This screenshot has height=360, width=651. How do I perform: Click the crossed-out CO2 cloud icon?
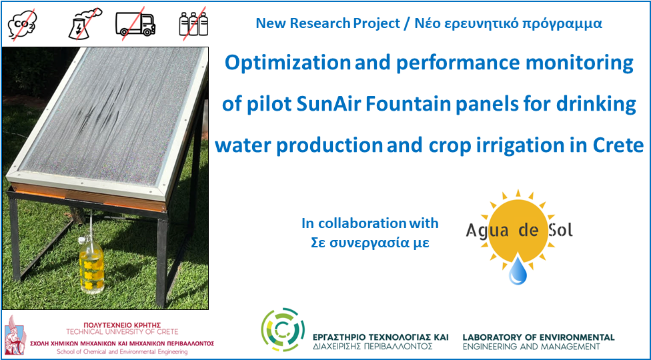coord(23,25)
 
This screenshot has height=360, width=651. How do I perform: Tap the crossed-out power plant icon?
coord(84,23)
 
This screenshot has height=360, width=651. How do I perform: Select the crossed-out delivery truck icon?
coord(135,23)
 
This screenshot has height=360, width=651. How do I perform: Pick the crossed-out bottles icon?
coord(193,23)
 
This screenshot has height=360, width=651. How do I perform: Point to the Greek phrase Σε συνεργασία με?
coord(370,243)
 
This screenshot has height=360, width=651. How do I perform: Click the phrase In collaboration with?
coord(370,223)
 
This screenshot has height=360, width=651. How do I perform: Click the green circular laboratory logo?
coord(283,330)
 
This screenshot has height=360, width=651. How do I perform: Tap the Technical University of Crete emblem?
coord(15,335)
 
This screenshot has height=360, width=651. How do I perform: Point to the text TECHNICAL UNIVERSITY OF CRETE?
coord(122,331)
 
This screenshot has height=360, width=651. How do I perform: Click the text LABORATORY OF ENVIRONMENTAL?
coord(538,337)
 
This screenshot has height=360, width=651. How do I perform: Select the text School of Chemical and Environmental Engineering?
coord(121,352)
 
